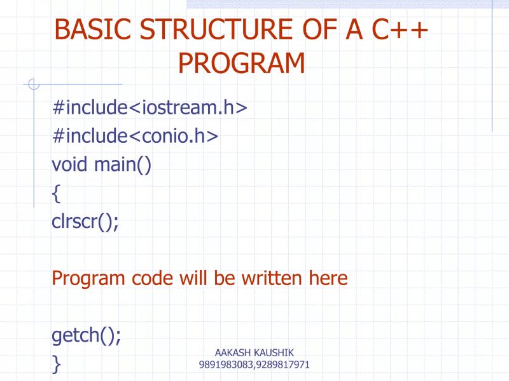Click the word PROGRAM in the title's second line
tap(242, 63)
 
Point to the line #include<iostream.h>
tap(149, 107)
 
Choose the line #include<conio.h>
tap(135, 136)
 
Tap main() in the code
tap(123, 165)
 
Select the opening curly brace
tap(56, 194)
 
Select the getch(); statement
tap(86, 335)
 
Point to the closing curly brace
tap(56, 364)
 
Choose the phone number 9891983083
tap(225, 365)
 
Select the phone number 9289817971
tap(282, 365)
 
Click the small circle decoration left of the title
tap(34, 84)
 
